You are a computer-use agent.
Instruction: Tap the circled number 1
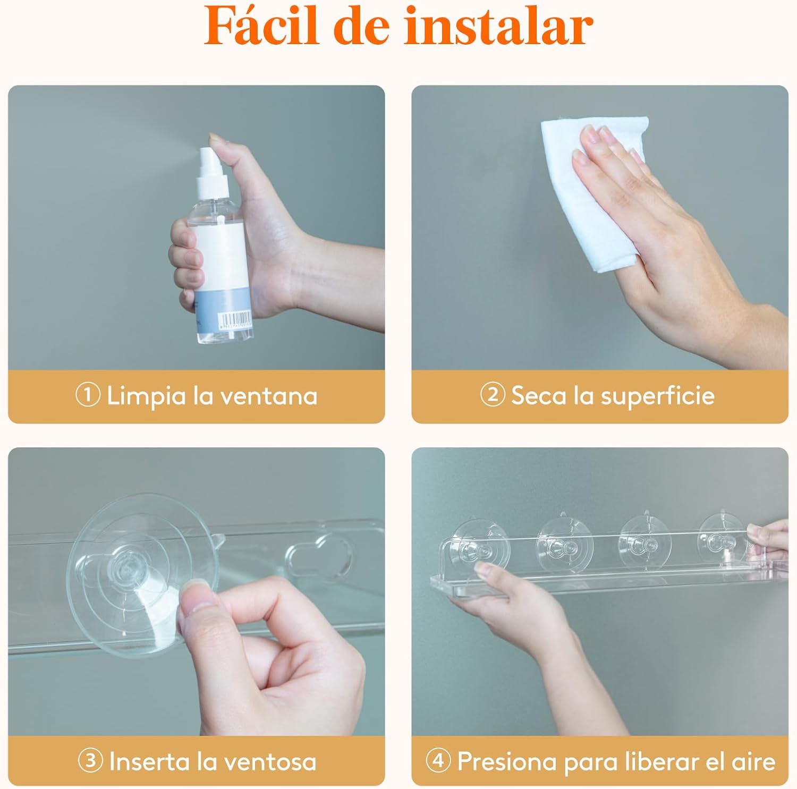(x=88, y=395)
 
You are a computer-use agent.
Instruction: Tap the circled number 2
(x=493, y=395)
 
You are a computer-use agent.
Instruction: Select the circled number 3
(x=90, y=760)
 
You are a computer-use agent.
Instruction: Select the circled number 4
(x=438, y=760)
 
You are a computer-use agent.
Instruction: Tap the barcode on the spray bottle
(x=235, y=319)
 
